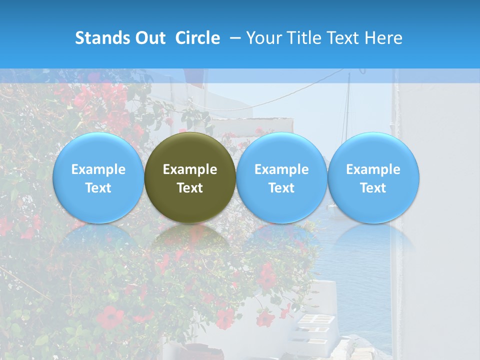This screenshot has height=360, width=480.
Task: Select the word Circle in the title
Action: pos(197,38)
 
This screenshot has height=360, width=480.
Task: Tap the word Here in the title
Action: pos(383,38)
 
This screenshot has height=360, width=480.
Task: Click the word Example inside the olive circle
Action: pos(190,169)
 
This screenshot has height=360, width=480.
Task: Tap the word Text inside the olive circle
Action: pos(190,188)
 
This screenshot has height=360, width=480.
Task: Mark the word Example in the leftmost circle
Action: pos(98,169)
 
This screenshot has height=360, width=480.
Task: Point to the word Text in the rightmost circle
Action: pos(373,188)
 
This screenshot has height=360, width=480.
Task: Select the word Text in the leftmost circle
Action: pos(98,188)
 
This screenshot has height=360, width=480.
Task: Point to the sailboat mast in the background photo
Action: pos(347,115)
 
